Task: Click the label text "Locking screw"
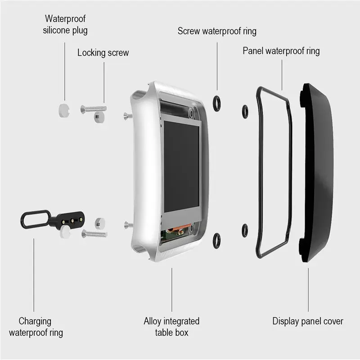tap(103, 53)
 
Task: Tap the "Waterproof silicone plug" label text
tap(65, 25)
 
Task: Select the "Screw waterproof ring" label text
tap(217, 31)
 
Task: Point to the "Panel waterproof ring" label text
tap(281, 50)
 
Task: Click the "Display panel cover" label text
tap(308, 321)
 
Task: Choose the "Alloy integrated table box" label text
tap(171, 327)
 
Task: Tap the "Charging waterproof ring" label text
tap(36, 327)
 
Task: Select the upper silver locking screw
tap(94, 108)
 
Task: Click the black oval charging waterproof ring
tap(33, 220)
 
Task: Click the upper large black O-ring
tap(216, 104)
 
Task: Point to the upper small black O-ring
tap(245, 111)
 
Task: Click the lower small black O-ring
tap(245, 230)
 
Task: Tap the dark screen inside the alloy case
tap(181, 166)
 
